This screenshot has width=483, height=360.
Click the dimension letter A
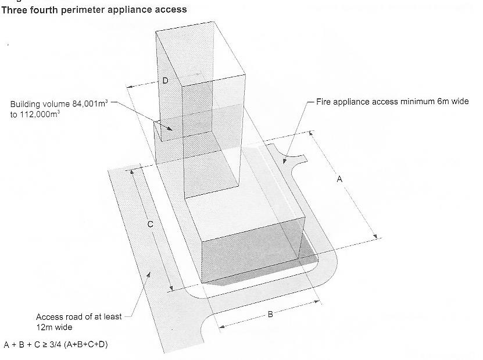pyautogui.click(x=340, y=180)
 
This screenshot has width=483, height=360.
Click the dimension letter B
pyautogui.click(x=270, y=315)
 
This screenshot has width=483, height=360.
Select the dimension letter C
pyautogui.click(x=150, y=224)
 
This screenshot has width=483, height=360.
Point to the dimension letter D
pyautogui.click(x=165, y=81)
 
